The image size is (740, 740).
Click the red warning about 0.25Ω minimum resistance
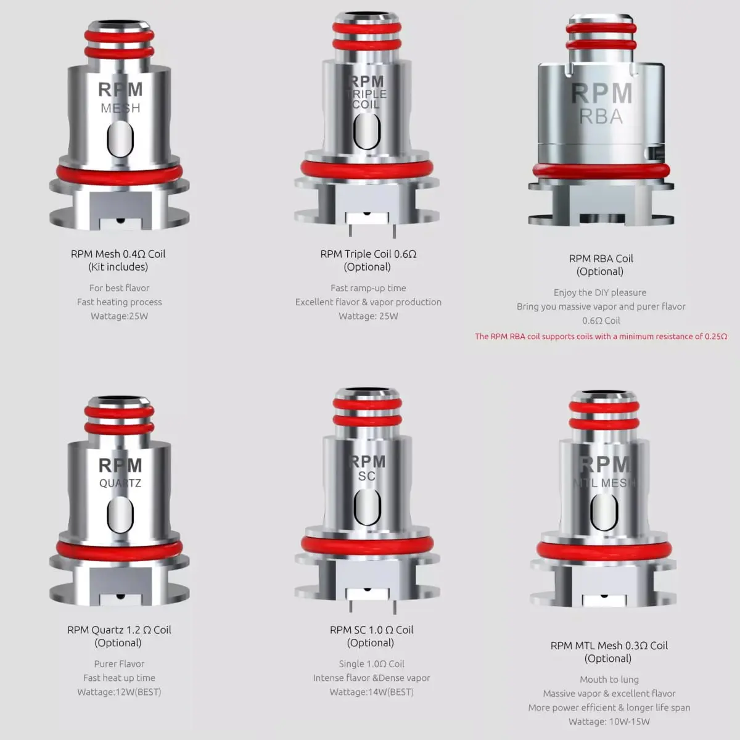click(601, 337)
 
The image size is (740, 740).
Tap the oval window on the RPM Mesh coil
click(120, 139)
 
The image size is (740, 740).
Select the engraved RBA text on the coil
click(601, 117)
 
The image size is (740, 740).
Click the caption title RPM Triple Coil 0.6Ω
click(368, 254)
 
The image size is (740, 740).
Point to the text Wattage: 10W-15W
click(609, 721)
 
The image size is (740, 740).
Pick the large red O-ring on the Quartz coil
click(120, 549)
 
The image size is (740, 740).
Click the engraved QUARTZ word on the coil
click(120, 483)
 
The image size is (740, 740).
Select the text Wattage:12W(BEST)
click(119, 692)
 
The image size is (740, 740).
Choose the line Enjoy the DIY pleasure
click(600, 293)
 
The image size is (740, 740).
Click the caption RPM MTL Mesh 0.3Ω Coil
click(609, 646)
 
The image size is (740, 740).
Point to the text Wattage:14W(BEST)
click(371, 692)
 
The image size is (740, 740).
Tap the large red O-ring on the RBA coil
click(601, 171)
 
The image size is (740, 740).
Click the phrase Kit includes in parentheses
click(118, 267)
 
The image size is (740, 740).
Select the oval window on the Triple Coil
click(367, 131)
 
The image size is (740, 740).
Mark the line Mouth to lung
click(609, 680)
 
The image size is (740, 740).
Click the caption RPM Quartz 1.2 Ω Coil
click(119, 630)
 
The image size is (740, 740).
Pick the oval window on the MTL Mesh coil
click(604, 512)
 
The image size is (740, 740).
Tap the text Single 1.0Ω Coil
click(371, 664)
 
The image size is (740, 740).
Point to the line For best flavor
click(119, 288)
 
